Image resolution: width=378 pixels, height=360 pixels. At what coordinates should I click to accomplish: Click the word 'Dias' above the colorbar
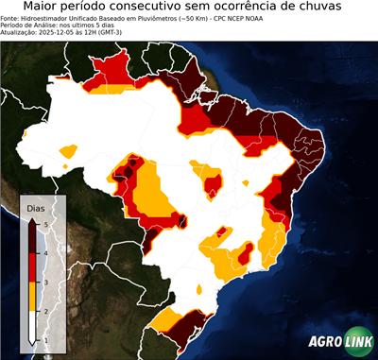pos(35,207)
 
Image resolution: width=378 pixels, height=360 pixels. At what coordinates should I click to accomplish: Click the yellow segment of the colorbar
pos(32,296)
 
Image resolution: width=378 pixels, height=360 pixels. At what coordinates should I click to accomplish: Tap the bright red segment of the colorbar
pos(32,267)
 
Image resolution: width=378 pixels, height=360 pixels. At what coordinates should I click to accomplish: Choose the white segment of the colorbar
pos(32,324)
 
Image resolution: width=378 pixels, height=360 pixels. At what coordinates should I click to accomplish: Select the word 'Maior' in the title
pos(44,7)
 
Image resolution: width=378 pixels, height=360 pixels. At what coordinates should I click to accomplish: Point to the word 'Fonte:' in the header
pos(11,17)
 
